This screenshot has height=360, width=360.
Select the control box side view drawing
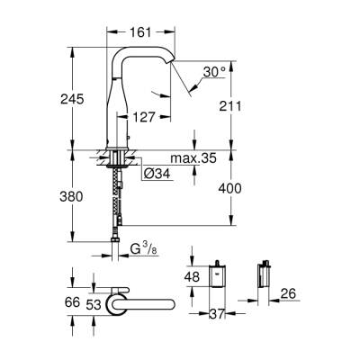click(265, 282)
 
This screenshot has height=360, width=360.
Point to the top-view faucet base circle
click(119, 305)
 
